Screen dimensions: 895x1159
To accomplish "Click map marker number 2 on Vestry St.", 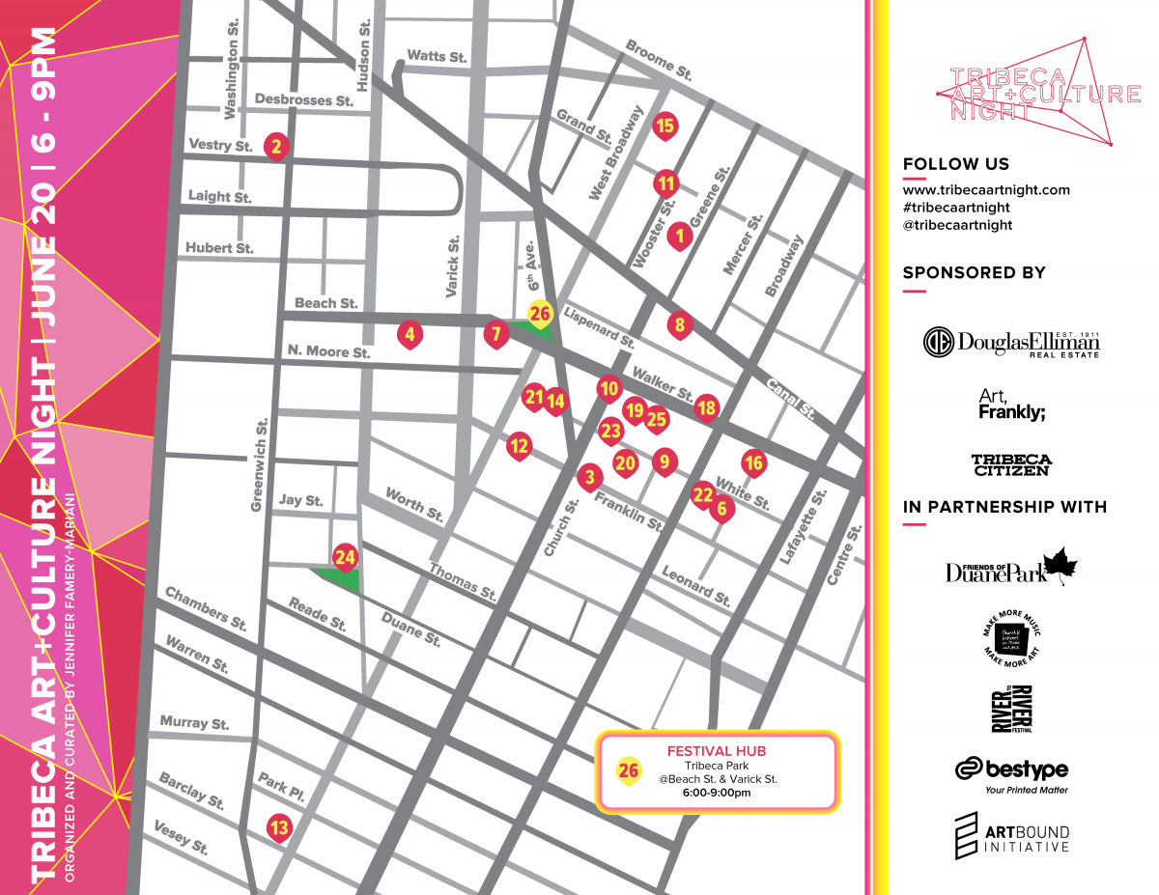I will point(276,147).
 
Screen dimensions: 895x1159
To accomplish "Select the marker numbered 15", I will point(664,125).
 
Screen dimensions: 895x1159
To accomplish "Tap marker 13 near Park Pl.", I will point(278,826).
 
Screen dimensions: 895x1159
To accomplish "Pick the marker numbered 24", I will point(345,557).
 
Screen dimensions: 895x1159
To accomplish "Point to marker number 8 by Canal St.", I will point(680,324).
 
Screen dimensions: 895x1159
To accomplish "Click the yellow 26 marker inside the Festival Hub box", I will point(629,770).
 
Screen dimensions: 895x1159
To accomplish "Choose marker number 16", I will point(753,463).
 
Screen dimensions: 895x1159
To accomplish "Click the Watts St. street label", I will point(437,56).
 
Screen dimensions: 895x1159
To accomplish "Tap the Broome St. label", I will point(659,59).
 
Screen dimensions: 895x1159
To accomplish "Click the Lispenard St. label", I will point(599,327).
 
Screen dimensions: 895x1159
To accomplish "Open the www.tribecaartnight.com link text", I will point(986,190).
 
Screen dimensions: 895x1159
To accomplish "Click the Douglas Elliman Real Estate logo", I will point(1012,343).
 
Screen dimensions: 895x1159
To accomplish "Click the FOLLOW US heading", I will point(955,164).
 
